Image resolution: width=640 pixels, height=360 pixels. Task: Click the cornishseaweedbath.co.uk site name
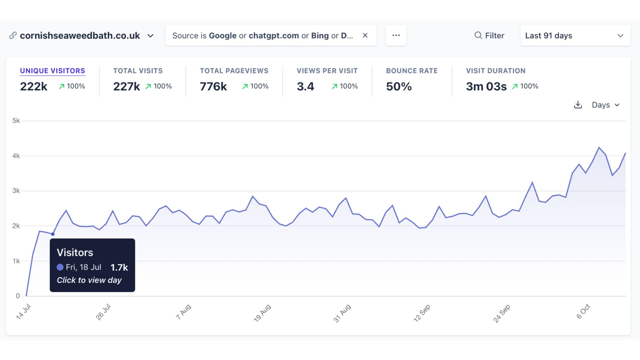click(x=80, y=36)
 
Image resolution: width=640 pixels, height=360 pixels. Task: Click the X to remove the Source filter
click(x=365, y=35)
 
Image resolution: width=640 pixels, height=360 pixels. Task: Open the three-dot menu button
click(x=396, y=35)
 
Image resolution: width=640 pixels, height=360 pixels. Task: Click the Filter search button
click(x=489, y=36)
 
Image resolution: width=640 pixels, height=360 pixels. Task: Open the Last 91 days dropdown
click(x=575, y=36)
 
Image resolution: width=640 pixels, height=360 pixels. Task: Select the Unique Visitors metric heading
click(x=52, y=71)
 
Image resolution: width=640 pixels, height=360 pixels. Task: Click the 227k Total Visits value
click(x=126, y=86)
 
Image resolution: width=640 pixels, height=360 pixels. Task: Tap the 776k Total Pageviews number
click(x=213, y=86)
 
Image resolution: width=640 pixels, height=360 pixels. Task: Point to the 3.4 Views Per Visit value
click(x=305, y=86)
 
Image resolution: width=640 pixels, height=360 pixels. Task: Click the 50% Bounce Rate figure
click(x=399, y=86)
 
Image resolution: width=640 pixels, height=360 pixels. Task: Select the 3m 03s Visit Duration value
click(x=486, y=86)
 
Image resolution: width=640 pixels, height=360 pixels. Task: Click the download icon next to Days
click(x=578, y=105)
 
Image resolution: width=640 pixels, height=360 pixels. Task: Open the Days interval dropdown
click(x=605, y=105)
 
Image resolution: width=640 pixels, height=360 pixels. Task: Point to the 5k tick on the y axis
click(x=16, y=121)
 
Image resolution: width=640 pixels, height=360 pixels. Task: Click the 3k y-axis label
click(x=16, y=191)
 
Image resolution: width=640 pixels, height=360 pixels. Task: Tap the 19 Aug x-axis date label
click(x=262, y=313)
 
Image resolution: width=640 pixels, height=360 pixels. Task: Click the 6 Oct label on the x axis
click(x=583, y=312)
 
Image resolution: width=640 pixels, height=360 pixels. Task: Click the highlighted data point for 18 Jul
click(x=53, y=234)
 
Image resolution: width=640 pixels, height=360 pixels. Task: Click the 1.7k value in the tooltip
click(x=119, y=267)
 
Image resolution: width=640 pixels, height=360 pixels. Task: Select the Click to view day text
click(x=89, y=280)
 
